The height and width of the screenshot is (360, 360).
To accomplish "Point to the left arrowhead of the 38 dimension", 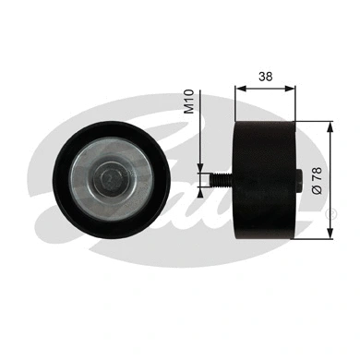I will (241, 90).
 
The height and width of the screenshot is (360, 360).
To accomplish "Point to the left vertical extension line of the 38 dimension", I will (237, 102).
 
